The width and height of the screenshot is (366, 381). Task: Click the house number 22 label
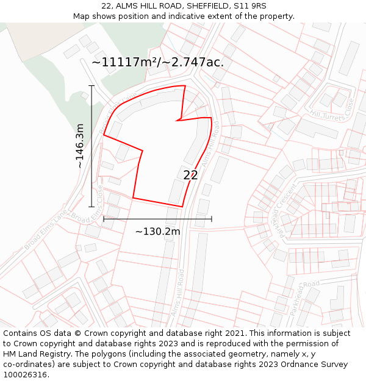(190, 175)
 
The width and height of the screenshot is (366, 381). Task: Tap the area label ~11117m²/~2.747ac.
(157, 62)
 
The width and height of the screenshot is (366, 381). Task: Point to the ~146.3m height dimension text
(80, 146)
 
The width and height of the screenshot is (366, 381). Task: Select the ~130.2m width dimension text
(157, 232)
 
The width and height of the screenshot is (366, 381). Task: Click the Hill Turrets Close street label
(332, 110)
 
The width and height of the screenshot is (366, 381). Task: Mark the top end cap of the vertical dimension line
(91, 86)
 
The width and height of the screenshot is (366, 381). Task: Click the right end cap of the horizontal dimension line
(212, 219)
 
